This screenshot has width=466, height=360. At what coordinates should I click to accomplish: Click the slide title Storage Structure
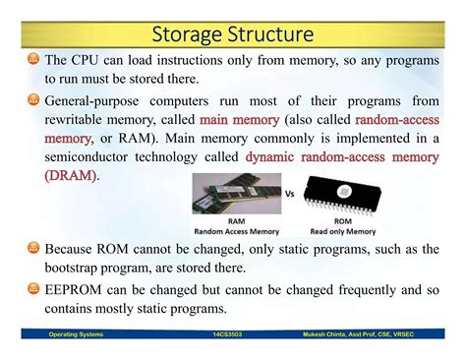tap(233, 36)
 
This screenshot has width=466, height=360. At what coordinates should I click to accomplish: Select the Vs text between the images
tap(290, 195)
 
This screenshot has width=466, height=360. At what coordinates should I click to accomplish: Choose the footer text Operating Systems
tap(78, 334)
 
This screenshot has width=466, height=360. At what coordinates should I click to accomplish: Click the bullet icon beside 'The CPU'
tap(35, 60)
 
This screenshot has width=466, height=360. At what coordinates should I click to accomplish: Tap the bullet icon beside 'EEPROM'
tap(35, 290)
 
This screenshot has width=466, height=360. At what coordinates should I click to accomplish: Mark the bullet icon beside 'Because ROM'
tap(35, 250)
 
